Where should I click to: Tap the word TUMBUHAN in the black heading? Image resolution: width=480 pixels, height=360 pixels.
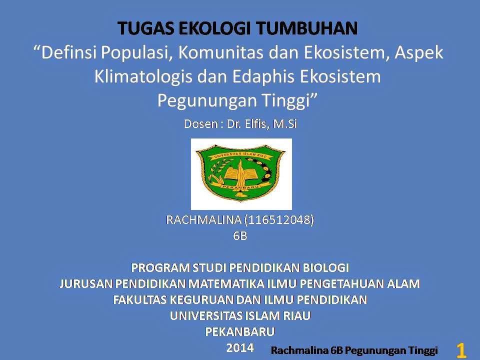[306, 28]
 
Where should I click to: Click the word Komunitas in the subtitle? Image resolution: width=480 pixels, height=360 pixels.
[220, 52]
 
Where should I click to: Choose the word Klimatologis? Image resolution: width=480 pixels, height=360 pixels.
[143, 77]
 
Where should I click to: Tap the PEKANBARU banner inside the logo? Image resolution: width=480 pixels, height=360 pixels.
[240, 186]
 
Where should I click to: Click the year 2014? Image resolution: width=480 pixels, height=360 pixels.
[240, 348]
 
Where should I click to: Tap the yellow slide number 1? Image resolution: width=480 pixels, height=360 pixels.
[461, 350]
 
